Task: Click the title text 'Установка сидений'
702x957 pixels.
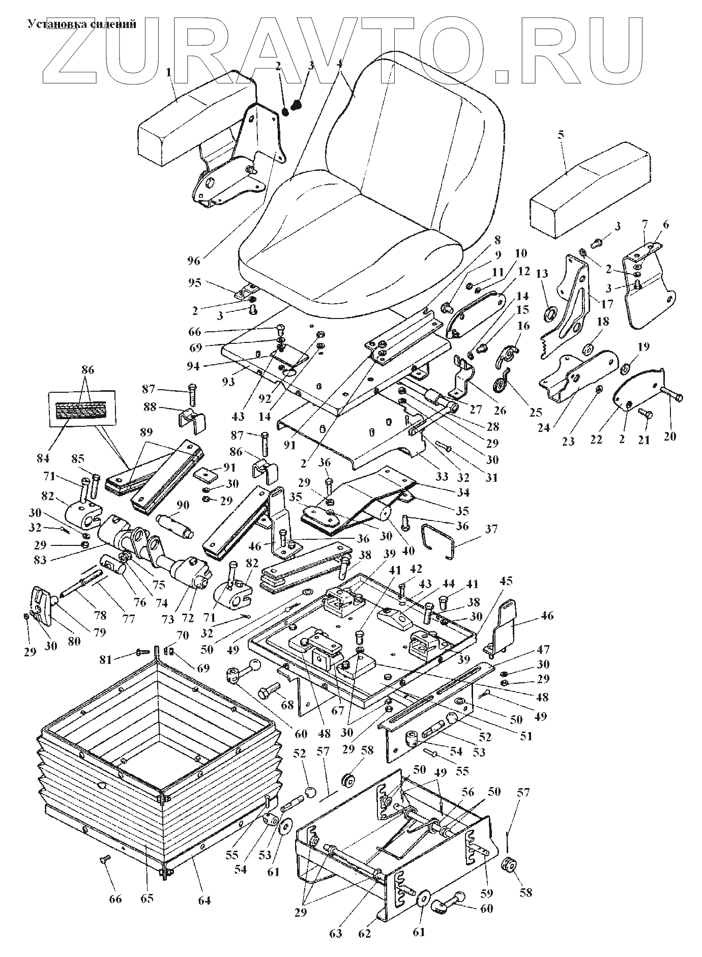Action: pos(81,24)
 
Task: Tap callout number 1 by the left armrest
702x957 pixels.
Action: pos(168,73)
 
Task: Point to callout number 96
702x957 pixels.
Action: pos(194,261)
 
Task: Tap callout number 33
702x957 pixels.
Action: pos(442,477)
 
